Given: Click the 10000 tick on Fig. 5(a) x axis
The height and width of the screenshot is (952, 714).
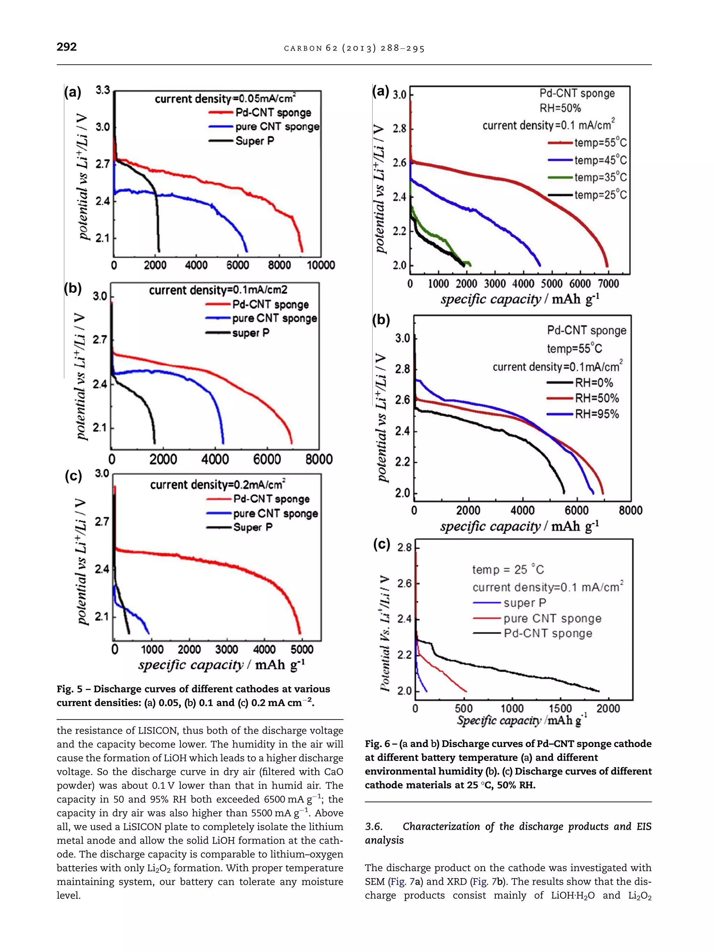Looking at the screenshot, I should (x=321, y=265).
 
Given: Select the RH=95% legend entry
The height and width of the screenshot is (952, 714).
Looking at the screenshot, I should (x=597, y=414).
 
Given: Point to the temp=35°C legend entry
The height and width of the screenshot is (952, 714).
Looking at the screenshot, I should (x=600, y=177).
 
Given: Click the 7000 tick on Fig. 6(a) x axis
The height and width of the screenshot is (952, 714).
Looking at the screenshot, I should (x=608, y=284).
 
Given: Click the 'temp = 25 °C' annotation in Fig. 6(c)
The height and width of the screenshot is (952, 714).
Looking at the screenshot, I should (x=508, y=570).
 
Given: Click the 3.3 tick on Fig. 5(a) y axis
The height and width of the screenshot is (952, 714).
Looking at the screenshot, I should (x=102, y=90).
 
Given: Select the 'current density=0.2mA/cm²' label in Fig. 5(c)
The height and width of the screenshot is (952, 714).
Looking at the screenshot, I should (x=218, y=485).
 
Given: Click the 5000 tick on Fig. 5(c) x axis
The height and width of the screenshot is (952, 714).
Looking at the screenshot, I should (x=302, y=649).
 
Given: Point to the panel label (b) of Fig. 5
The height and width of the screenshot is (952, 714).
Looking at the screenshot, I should (x=73, y=288).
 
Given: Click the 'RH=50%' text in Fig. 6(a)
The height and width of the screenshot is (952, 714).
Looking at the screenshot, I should (x=560, y=108).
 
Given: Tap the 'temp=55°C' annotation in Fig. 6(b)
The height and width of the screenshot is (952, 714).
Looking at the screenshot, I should (x=574, y=348).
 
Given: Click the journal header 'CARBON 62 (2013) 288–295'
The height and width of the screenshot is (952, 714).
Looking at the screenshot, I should (x=354, y=48).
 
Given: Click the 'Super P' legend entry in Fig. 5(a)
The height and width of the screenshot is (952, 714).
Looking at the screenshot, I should (x=255, y=141).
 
